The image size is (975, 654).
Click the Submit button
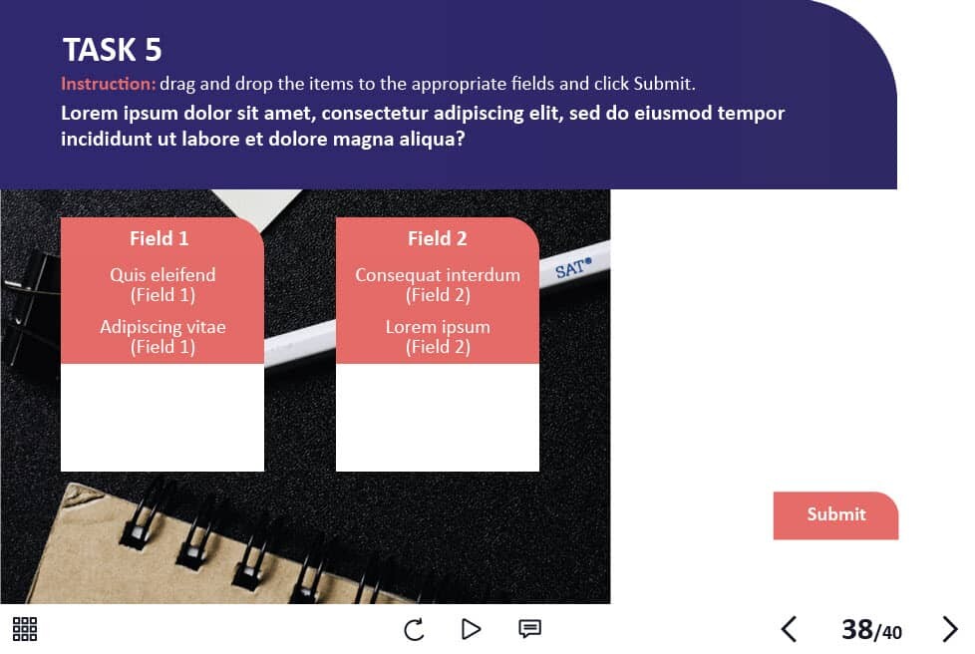(x=835, y=515)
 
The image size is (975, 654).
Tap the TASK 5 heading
(x=112, y=50)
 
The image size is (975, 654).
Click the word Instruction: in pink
(x=109, y=84)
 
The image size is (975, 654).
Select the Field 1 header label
(x=160, y=238)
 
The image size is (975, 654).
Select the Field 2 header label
(x=437, y=238)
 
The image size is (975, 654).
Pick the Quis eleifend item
(x=162, y=285)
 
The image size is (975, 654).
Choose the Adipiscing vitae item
(x=162, y=337)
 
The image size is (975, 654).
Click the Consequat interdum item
(x=438, y=285)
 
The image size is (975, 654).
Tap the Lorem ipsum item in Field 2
(x=438, y=337)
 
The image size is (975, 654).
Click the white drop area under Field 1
(x=162, y=417)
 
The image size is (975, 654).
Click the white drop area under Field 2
(x=437, y=417)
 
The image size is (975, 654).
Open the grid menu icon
(x=25, y=629)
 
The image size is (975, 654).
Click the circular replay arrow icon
(x=414, y=629)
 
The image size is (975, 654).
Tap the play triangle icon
(x=472, y=629)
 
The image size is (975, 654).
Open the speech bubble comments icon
(x=529, y=629)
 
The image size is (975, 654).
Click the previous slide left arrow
(x=789, y=629)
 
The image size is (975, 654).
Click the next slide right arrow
(x=950, y=629)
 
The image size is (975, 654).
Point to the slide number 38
(x=856, y=630)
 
